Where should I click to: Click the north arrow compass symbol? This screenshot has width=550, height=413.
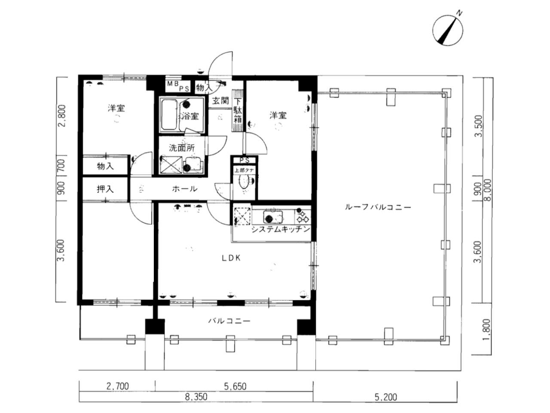coord(448,29)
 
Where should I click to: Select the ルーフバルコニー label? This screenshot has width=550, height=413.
coord(378,207)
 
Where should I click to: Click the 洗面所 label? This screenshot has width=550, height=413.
coord(181,148)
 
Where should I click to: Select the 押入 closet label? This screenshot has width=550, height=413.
coord(105,189)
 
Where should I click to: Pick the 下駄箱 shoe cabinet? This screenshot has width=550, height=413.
coord(238,111)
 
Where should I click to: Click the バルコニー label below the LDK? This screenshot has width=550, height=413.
coord(229,321)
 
